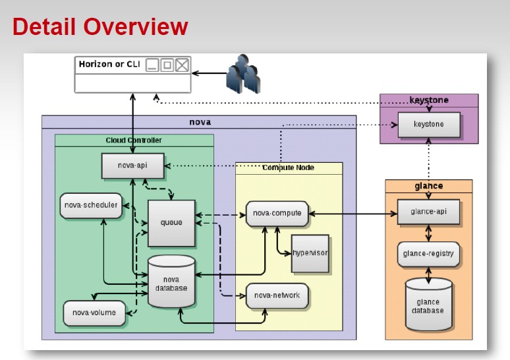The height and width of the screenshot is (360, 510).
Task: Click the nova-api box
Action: tap(132, 165)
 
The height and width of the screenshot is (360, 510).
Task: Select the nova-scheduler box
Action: tap(91, 205)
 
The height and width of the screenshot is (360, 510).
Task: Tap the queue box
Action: tap(171, 223)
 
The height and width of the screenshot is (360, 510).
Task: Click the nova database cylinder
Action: tap(171, 283)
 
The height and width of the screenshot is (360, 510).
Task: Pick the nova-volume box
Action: tap(94, 313)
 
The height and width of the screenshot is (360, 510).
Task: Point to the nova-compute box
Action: tap(277, 213)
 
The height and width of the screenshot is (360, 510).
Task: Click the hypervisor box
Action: tap(310, 253)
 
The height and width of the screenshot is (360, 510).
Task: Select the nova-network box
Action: tap(277, 295)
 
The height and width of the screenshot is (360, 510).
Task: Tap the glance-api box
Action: tap(428, 212)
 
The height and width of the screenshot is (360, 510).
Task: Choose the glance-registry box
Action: tap(428, 253)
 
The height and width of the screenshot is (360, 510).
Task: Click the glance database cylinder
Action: tap(428, 305)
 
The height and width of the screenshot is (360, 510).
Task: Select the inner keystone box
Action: tap(428, 124)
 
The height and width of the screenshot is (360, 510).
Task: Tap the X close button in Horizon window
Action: tap(182, 65)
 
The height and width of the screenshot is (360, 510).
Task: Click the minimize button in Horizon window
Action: tap(152, 65)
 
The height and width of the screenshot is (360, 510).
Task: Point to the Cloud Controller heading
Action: tap(134, 140)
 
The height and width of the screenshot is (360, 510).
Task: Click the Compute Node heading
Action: tap(289, 168)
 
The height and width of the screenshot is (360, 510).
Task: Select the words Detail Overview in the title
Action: tap(100, 27)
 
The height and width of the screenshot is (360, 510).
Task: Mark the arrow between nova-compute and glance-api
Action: tap(353, 213)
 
